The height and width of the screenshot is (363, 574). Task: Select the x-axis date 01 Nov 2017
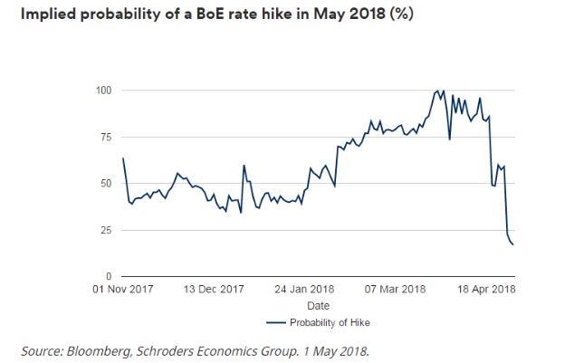(122, 291)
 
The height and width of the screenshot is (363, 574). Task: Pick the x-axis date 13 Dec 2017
(215, 291)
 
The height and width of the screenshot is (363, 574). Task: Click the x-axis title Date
(318, 306)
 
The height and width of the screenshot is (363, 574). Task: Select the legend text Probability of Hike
(330, 322)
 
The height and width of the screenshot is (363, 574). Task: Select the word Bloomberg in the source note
(100, 349)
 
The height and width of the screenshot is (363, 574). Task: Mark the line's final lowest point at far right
(512, 244)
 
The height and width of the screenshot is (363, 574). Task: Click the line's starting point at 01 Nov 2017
(123, 158)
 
